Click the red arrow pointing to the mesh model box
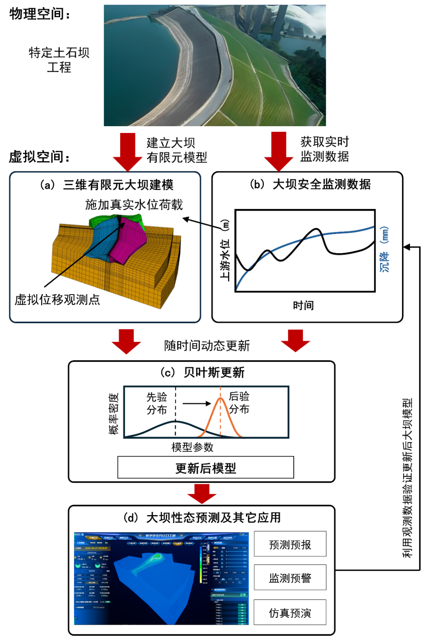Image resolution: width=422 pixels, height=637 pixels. click(x=127, y=151)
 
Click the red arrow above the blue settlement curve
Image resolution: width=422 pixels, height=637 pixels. click(x=279, y=151)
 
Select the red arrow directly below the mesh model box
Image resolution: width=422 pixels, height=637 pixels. click(x=126, y=341)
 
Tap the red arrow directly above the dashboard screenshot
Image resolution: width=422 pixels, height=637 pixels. click(x=202, y=493)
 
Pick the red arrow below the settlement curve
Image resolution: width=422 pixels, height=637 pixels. click(x=295, y=341)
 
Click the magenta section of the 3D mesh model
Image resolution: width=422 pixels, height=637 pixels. click(x=128, y=241)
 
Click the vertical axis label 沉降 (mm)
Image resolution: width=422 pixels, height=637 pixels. click(x=384, y=249)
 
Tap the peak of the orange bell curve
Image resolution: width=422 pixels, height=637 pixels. click(x=220, y=398)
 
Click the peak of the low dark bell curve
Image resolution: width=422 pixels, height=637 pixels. click(x=175, y=421)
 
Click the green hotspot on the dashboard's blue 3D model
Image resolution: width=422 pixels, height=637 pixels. click(x=157, y=556)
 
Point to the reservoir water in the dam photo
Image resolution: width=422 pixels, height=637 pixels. click(x=136, y=64)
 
